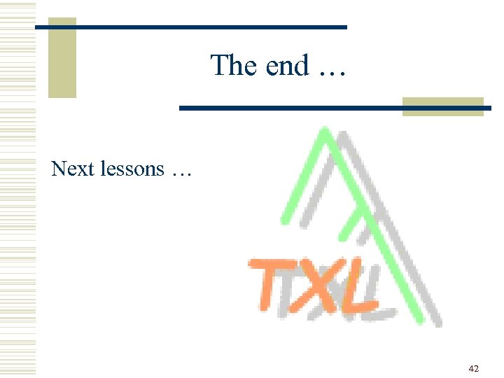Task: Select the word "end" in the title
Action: (287, 66)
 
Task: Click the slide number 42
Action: (474, 368)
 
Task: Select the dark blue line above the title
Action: (210, 27)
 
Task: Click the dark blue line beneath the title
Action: (294, 108)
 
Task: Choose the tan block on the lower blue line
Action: (442, 106)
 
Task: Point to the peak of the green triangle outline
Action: (323, 129)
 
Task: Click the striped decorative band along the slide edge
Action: (17, 189)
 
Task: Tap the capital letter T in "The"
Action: (220, 66)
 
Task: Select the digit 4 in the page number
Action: (471, 368)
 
